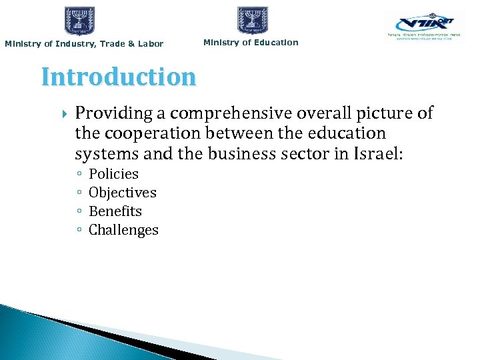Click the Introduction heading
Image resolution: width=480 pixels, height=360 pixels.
[119, 77]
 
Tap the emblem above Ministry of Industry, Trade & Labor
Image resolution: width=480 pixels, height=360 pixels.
[80, 21]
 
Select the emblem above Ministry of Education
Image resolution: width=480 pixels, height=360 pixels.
[253, 21]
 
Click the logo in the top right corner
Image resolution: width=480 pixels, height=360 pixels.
[424, 27]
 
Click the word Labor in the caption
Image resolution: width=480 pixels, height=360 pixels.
[151, 44]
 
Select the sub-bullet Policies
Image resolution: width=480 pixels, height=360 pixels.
[113, 174]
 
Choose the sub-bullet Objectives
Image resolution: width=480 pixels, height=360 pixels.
[123, 193]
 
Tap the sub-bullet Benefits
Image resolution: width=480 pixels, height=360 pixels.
[115, 211]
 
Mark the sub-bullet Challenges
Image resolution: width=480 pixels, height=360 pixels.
[123, 230]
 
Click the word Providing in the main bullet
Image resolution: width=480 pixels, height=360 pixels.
[109, 114]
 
